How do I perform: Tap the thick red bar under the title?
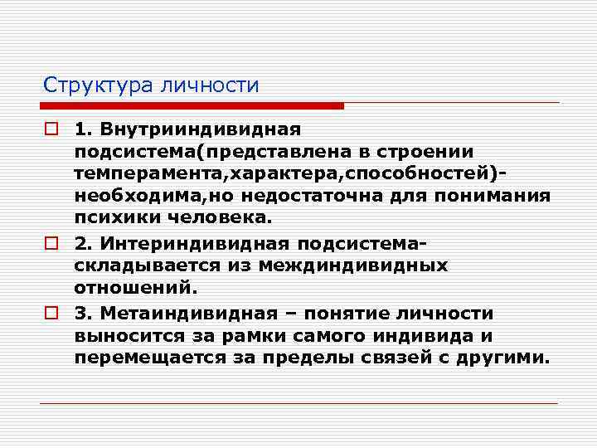click(192, 106)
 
